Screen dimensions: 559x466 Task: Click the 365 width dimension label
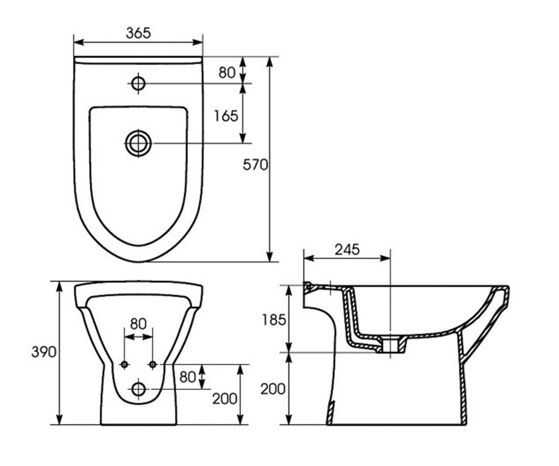(138, 33)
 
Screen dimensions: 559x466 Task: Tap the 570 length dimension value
(255, 164)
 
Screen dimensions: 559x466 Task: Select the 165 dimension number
(226, 116)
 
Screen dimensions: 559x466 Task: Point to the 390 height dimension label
(44, 352)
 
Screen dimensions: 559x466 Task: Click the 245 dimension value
(347, 250)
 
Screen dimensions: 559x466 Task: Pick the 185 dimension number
(274, 320)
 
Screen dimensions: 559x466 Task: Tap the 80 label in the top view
(227, 72)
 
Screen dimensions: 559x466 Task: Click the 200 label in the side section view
(273, 389)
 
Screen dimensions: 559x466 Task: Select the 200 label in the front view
(225, 399)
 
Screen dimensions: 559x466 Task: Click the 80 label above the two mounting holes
(138, 324)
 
